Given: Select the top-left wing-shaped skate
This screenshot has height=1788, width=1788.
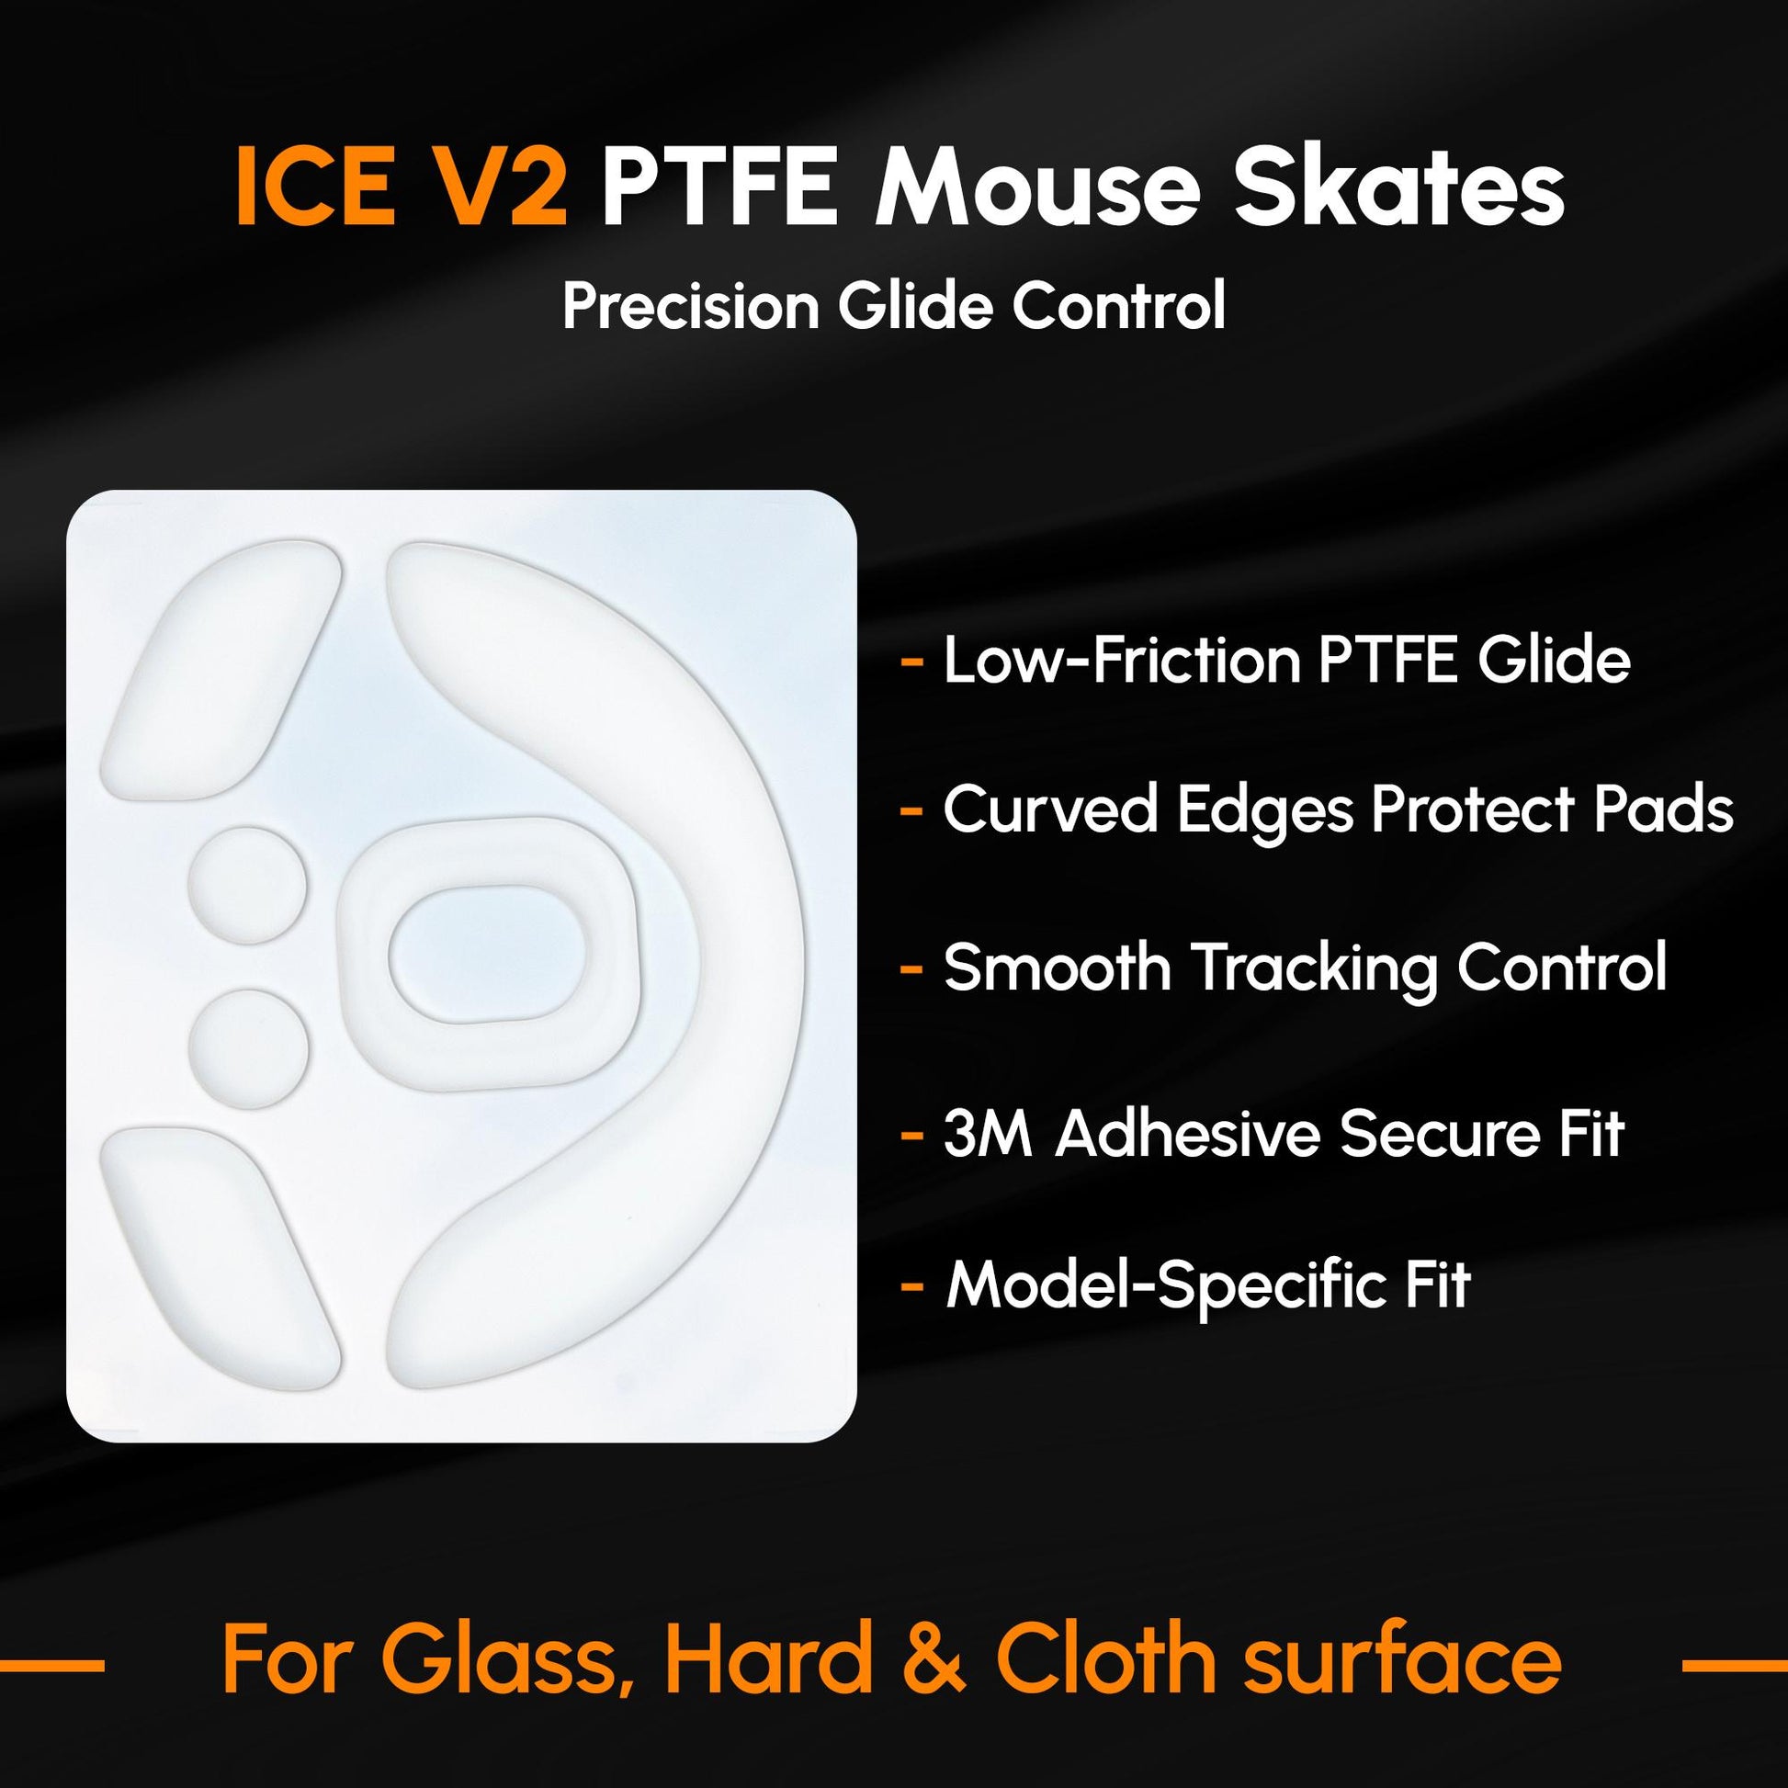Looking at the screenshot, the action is [x=220, y=670].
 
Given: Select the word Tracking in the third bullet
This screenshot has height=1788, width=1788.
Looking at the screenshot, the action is [x=1313, y=968].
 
